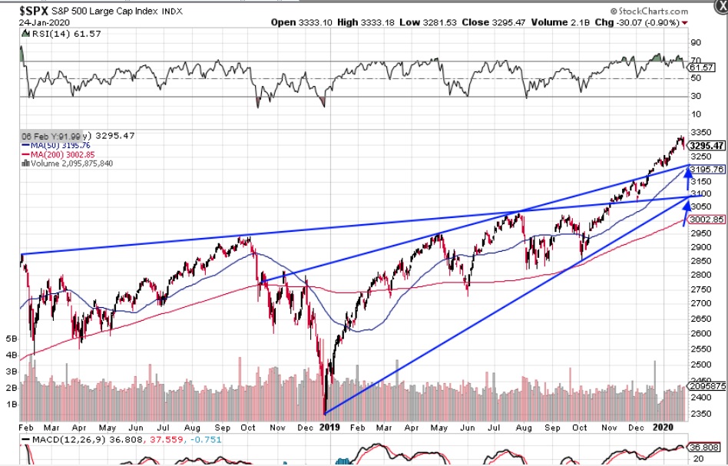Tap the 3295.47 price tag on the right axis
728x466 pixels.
pos(707,145)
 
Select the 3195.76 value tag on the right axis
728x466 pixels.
pos(707,169)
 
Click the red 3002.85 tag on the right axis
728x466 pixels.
pos(707,219)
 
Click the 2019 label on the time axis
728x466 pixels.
pos(329,427)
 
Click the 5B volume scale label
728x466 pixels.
pos(11,338)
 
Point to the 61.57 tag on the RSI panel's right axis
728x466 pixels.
pos(703,68)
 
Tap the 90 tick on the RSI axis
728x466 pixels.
pos(696,43)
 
